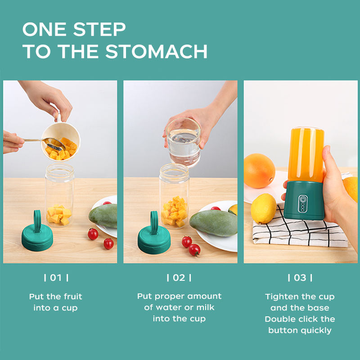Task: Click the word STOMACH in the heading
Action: (x=156, y=51)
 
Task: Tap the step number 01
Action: (x=56, y=278)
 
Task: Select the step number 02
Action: (x=179, y=278)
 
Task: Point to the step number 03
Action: (x=300, y=278)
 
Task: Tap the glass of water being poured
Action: (x=183, y=142)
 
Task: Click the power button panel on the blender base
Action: (x=302, y=204)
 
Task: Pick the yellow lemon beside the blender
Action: (x=263, y=208)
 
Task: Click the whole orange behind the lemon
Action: (x=260, y=171)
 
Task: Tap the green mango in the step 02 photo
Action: (x=213, y=223)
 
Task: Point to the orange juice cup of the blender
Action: (x=306, y=154)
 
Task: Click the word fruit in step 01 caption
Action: (x=73, y=297)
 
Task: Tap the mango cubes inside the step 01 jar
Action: (x=59, y=215)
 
